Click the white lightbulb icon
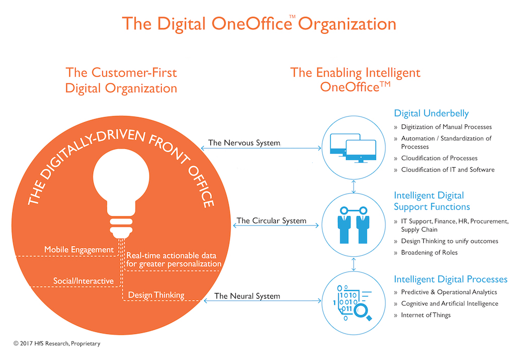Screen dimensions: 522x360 click(x=121, y=193)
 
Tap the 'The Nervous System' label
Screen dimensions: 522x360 click(x=244, y=143)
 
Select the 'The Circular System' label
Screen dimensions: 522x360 click(x=271, y=220)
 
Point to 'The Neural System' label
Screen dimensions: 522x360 click(x=247, y=296)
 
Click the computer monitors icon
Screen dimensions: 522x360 click(x=353, y=148)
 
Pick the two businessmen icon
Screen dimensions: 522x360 click(x=354, y=225)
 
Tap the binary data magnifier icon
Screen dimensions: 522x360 click(x=353, y=302)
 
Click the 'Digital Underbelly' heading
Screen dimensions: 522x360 click(x=431, y=114)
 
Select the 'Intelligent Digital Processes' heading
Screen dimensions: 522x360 click(x=450, y=279)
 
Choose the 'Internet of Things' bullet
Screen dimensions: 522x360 click(x=425, y=315)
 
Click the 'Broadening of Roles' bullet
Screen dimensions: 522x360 click(x=429, y=252)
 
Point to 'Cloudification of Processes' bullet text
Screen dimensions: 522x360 click(x=439, y=158)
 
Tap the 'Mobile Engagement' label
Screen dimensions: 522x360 click(x=79, y=250)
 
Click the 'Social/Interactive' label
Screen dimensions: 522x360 click(x=83, y=281)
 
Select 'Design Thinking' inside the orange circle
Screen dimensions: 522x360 click(x=156, y=295)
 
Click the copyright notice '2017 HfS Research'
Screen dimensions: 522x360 click(x=57, y=343)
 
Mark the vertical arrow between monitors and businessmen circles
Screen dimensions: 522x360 click(x=354, y=187)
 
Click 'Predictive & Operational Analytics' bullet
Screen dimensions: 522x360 click(x=449, y=292)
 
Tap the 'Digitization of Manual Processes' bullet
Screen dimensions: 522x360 click(x=446, y=127)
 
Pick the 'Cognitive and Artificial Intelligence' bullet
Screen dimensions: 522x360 click(x=449, y=303)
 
